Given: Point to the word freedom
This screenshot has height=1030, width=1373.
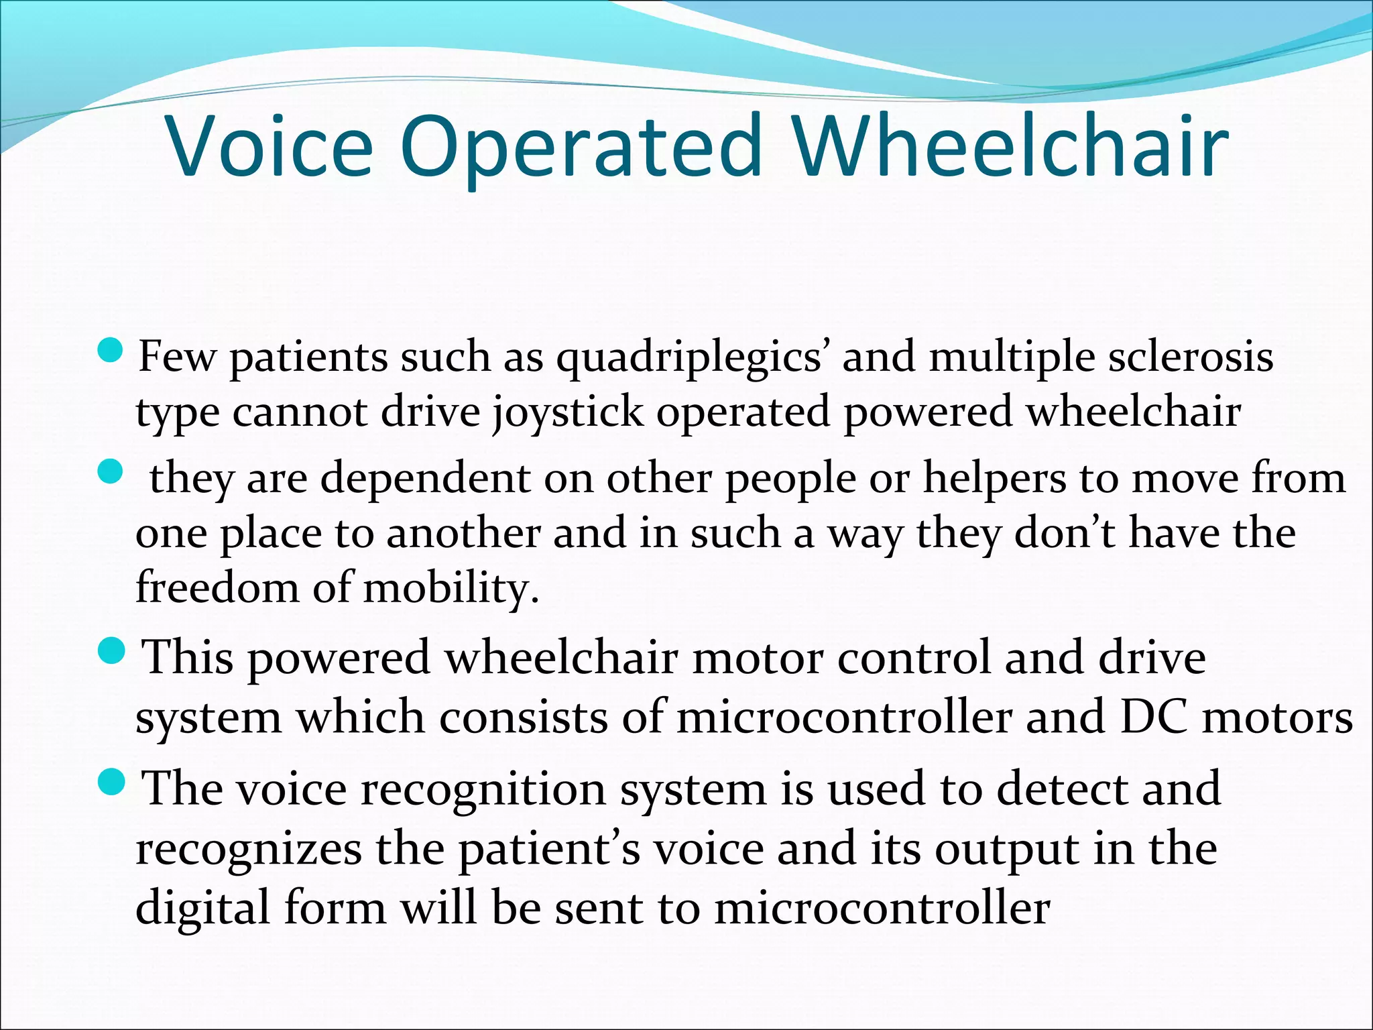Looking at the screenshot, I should [x=217, y=587].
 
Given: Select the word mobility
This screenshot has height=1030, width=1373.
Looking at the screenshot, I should [x=451, y=589].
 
